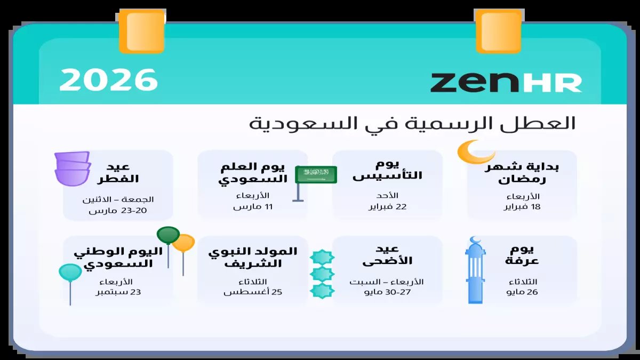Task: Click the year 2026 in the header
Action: (x=109, y=80)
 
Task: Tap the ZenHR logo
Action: (x=506, y=82)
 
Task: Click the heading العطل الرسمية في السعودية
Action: (x=412, y=124)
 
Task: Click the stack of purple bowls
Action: (x=73, y=169)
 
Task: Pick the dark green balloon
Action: (x=169, y=235)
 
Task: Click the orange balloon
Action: (x=184, y=243)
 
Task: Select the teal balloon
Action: (x=70, y=273)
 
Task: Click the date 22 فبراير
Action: (x=388, y=206)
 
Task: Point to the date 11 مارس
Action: (x=253, y=206)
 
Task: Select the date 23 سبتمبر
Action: (x=118, y=292)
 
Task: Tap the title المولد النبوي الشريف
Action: (x=253, y=257)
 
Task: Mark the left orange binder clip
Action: (x=141, y=31)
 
